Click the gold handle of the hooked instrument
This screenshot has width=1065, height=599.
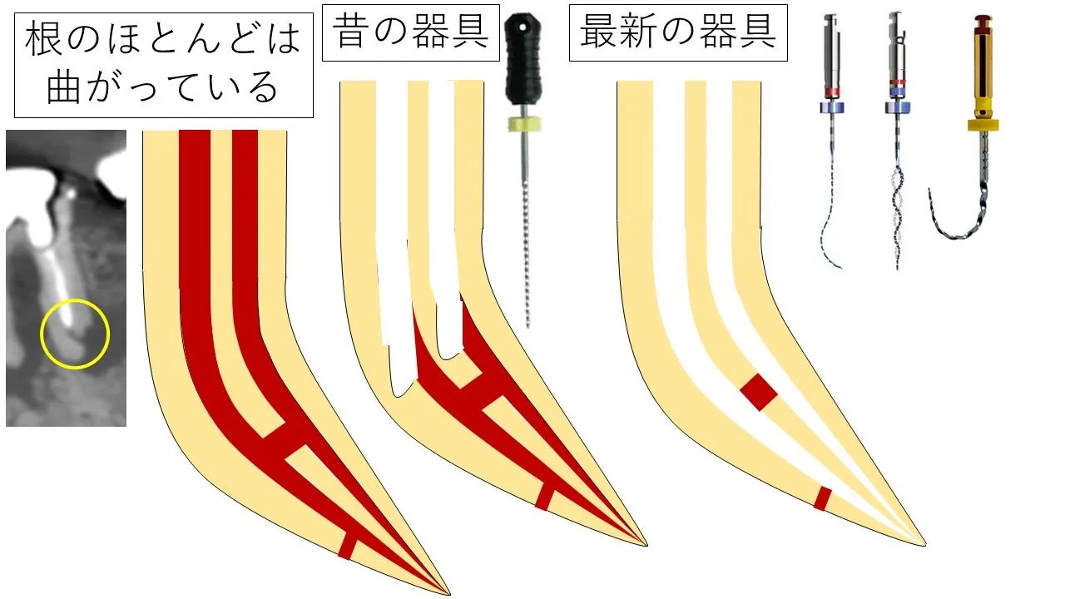coord(982,72)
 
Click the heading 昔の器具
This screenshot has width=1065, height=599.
coord(411,32)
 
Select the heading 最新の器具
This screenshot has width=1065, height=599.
coord(678,32)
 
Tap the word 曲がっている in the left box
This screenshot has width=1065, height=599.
coord(162,87)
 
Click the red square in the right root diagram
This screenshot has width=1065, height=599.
coord(759,392)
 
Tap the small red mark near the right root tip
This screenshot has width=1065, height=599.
coord(822,498)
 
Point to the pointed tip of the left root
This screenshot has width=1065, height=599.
coord(449,594)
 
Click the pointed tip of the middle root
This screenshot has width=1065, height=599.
coord(647,545)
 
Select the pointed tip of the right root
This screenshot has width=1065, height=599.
coord(925,545)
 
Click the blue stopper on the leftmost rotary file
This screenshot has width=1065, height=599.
coord(831,107)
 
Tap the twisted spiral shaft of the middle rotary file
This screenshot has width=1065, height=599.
coord(897,214)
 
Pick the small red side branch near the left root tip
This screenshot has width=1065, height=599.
coord(347,547)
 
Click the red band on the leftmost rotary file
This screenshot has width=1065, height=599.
coord(831,92)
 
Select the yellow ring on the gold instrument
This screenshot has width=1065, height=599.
coord(983,125)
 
